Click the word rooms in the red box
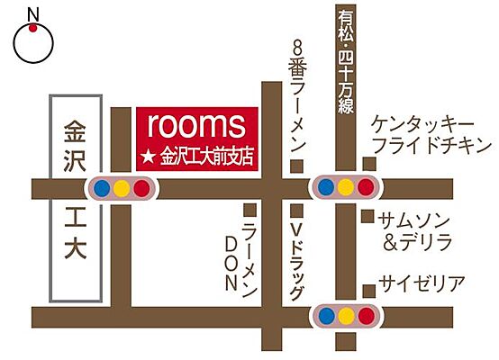pyautogui.click(x=195, y=125)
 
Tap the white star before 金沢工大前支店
pyautogui.click(x=149, y=157)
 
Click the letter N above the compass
pyautogui.click(x=32, y=13)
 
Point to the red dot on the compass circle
pyautogui.click(x=32, y=29)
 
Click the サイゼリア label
pyautogui.click(x=422, y=284)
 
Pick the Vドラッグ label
pyautogui.click(x=298, y=261)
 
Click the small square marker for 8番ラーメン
pyautogui.click(x=298, y=165)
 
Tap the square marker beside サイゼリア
pyautogui.click(x=368, y=289)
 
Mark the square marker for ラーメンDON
pyautogui.click(x=249, y=210)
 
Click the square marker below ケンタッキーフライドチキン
pyautogui.click(x=368, y=163)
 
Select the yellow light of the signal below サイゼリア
pyautogui.click(x=345, y=316)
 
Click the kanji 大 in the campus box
pyautogui.click(x=74, y=248)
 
